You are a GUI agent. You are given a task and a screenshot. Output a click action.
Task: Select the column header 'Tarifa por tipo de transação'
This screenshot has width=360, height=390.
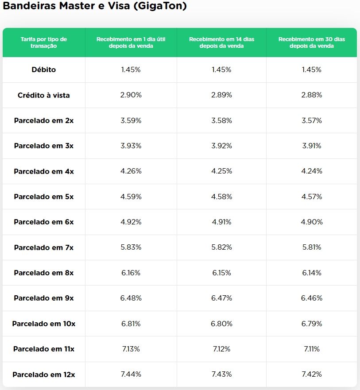coord(44,42)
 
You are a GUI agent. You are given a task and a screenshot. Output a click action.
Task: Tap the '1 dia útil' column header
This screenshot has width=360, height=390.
coord(131,42)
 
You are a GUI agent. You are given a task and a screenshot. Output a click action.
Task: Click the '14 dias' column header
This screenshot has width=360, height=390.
coord(221,42)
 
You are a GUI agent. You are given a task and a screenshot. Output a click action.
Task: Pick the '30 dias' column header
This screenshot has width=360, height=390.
coord(312,42)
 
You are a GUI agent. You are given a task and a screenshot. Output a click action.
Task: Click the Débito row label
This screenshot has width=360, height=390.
coord(44,70)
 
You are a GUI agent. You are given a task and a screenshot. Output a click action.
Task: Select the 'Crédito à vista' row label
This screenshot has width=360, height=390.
coord(44,95)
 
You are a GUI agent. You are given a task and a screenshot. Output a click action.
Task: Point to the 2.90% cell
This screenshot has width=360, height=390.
coord(131,95)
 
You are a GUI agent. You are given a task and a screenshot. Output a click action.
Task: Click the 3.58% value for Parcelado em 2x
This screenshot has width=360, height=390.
coord(221,120)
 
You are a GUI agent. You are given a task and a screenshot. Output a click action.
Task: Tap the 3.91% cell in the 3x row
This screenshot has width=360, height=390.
coord(312,146)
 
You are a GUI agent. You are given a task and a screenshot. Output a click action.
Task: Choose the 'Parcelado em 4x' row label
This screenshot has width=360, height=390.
coord(44,171)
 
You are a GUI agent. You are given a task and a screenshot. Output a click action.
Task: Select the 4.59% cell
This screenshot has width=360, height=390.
coord(131,197)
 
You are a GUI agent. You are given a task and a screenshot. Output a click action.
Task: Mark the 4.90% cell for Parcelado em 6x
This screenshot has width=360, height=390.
coord(312,222)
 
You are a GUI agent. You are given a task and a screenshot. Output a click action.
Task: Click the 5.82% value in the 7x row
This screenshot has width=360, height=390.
coord(221,247)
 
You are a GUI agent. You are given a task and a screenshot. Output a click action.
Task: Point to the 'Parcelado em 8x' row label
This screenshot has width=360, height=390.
coord(44,273)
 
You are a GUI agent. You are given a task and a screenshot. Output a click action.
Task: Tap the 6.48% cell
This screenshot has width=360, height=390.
coord(131,298)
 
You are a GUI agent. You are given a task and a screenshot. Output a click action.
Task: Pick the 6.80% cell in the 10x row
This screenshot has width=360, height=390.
coord(221,324)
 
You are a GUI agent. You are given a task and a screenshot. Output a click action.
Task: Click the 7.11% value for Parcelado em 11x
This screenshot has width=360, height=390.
coord(312,349)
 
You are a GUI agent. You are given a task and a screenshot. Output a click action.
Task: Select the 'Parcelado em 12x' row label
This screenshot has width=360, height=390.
coord(44,375)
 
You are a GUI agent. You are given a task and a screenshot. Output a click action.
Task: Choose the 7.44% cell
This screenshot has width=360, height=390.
coord(131,375)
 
